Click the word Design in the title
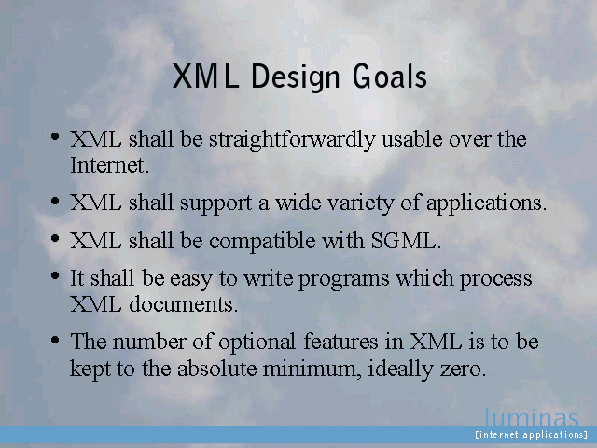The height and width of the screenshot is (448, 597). pos(295,77)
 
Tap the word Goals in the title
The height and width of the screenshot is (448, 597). pos(390,77)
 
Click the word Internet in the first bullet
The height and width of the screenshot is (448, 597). pos(110,165)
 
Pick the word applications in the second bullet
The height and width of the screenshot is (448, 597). pos(486,203)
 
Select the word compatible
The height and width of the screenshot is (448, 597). pos(262,241)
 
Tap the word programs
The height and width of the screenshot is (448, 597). pos(343,280)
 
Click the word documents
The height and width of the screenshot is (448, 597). pos(183,304)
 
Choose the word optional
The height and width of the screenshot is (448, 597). pos(257,342)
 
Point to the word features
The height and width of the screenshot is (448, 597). pos(340,341)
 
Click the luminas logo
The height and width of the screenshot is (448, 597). pos(532,417)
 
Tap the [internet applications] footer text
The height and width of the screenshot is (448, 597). pos(532,435)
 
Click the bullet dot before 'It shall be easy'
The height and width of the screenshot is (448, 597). pos(55,275)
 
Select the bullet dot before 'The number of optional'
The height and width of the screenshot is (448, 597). pos(55,339)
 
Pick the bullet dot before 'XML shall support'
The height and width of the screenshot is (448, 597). pos(55,200)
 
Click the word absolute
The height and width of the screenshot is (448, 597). pos(217,369)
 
